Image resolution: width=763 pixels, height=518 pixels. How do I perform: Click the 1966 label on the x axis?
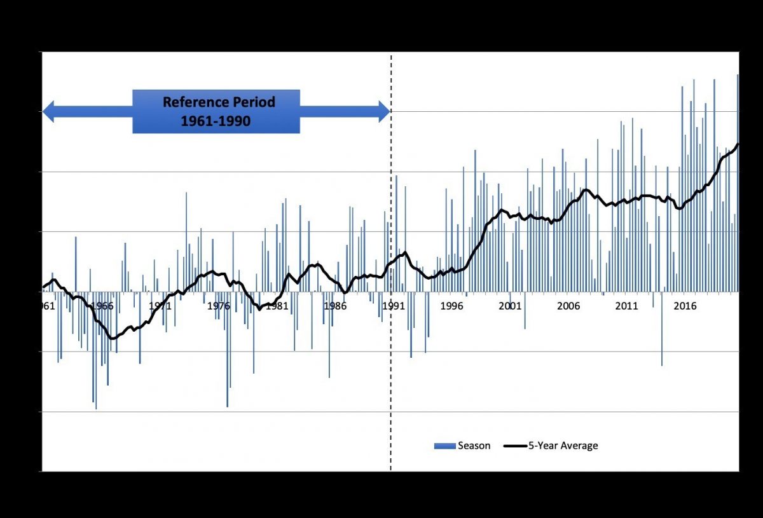(102, 306)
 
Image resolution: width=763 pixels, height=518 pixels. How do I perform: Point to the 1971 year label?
(160, 306)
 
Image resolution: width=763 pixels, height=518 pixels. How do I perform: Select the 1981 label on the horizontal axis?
(277, 306)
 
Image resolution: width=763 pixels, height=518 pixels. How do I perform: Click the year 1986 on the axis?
(335, 306)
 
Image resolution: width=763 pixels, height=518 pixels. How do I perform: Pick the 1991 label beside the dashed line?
(394, 306)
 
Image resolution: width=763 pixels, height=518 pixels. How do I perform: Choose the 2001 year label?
(510, 306)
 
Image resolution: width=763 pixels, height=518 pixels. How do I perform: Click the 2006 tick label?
(568, 306)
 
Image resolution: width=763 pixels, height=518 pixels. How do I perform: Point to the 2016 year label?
(685, 306)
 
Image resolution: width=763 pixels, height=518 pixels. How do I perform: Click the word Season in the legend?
(474, 446)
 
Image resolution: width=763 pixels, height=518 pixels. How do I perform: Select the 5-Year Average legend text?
(563, 446)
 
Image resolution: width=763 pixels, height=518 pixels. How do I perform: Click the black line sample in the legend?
(516, 446)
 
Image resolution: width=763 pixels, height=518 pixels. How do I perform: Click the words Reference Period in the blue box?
(219, 102)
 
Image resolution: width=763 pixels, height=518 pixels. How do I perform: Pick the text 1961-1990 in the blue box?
(216, 121)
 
